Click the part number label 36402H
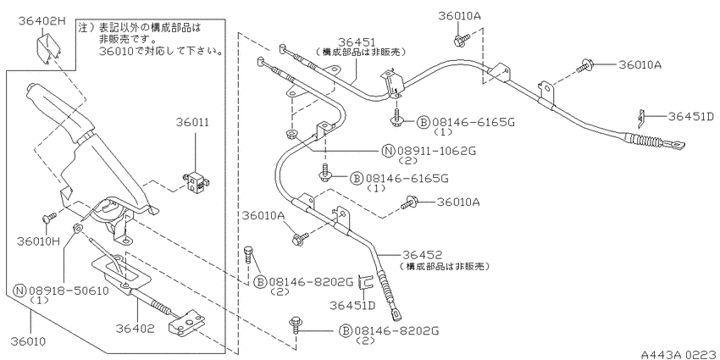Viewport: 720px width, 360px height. click(42, 20)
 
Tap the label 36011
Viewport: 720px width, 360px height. click(192, 123)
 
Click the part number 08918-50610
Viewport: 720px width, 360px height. click(69, 291)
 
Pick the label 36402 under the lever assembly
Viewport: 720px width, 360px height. click(135, 329)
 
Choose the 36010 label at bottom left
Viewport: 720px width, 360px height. click(29, 341)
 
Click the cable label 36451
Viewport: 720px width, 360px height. click(357, 42)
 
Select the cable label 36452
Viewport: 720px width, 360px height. click(423, 255)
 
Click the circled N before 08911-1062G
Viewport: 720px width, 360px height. click(389, 150)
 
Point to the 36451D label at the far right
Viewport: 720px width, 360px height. click(691, 116)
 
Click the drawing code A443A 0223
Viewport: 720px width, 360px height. click(680, 355)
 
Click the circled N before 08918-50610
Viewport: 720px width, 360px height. click(19, 291)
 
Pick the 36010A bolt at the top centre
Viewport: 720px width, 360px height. click(461, 40)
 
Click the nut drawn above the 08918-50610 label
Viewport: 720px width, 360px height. click(78, 227)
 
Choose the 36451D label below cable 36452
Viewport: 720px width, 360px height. click(352, 305)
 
